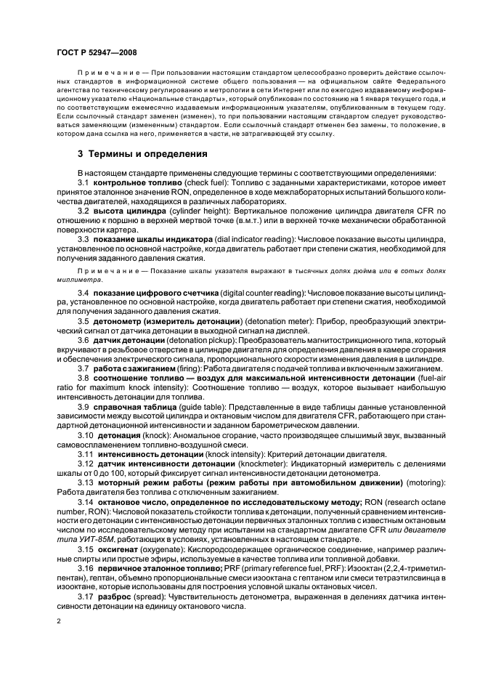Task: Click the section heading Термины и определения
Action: [147, 154]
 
